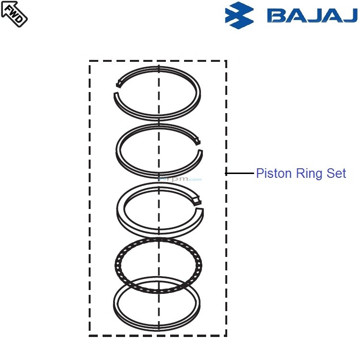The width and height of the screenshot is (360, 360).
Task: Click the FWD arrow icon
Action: tap(14, 13)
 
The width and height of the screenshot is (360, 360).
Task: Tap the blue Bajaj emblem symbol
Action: tap(239, 15)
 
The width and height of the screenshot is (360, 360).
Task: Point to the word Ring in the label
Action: tap(307, 173)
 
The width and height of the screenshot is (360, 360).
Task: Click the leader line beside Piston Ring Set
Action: tap(240, 173)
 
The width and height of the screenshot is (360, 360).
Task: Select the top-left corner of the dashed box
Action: tap(90, 61)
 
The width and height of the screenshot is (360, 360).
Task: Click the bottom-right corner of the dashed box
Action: tap(226, 336)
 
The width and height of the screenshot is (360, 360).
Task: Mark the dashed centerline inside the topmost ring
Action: tap(159, 91)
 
